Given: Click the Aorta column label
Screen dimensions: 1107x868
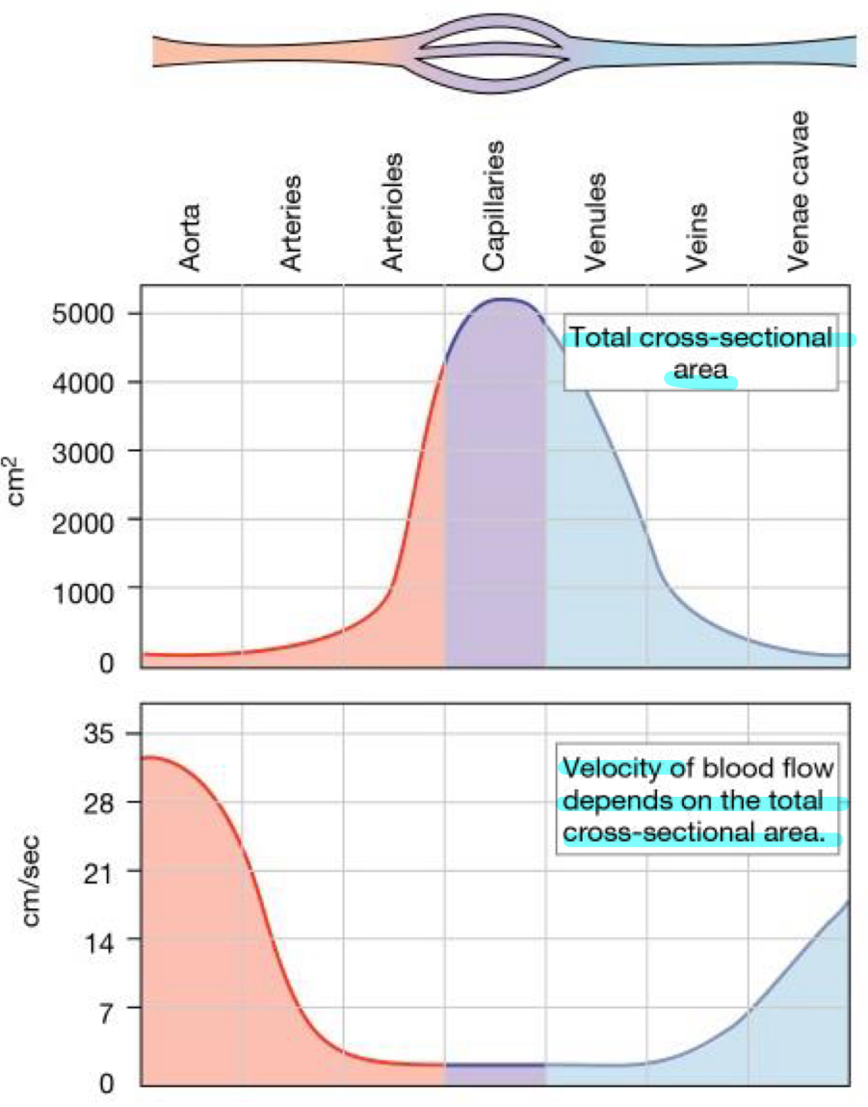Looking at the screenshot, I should click(x=190, y=237).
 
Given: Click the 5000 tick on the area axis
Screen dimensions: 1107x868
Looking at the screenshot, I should click(x=90, y=314).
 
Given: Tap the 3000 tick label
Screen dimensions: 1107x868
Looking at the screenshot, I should click(x=90, y=451).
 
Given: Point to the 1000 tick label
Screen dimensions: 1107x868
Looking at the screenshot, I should click(x=90, y=588).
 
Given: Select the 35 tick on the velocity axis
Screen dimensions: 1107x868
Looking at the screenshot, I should click(x=101, y=734).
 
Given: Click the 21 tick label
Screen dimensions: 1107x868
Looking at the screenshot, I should click(x=101, y=871).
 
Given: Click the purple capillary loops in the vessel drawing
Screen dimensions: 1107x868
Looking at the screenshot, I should click(x=493, y=50).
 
